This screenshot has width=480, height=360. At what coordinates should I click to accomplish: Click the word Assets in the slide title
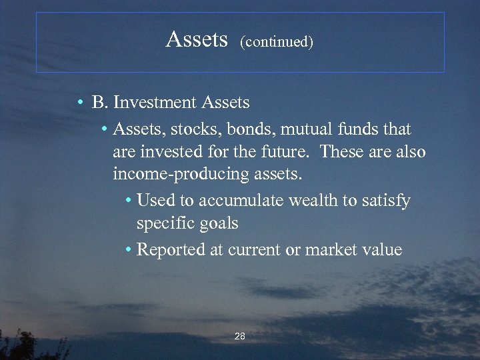coord(197,40)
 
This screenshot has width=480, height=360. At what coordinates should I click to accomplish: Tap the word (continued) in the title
coord(276,42)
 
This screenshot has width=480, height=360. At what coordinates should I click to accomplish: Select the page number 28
coord(240,337)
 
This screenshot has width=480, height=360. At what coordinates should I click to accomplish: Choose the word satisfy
coord(386,201)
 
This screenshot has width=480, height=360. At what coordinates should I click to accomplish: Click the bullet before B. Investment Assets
coord(79,103)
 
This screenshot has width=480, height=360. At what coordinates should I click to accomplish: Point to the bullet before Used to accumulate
coord(128,201)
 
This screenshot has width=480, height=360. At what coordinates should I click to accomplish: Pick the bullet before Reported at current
coord(128,250)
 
